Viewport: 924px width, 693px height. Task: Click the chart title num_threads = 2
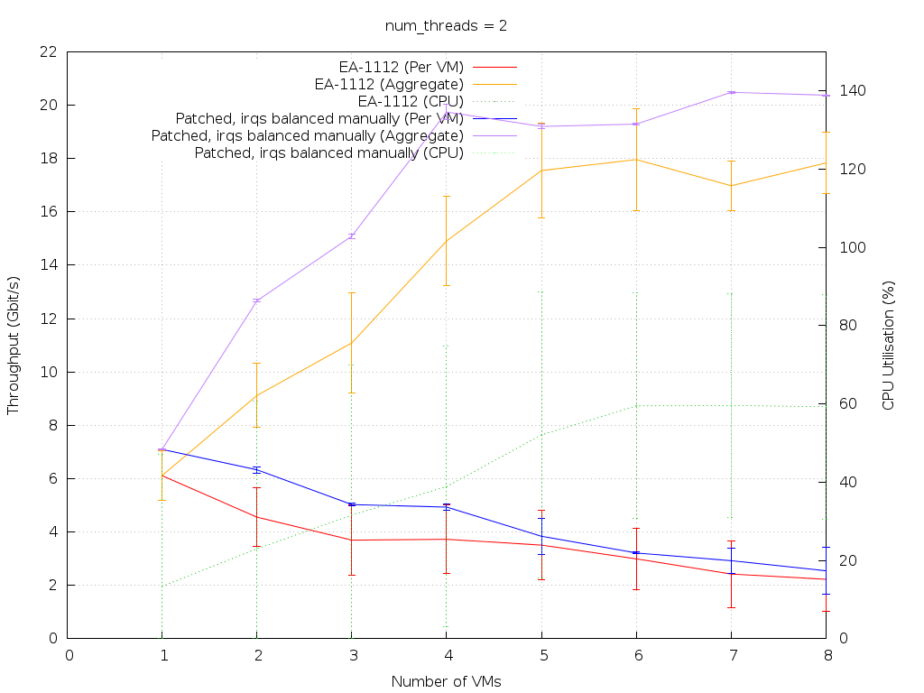click(446, 25)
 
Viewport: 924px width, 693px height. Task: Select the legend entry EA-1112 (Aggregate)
click(389, 84)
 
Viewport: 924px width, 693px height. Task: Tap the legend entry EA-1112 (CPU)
click(411, 101)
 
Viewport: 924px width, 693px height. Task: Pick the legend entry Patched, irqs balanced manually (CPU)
click(328, 152)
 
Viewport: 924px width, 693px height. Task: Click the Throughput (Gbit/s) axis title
click(14, 346)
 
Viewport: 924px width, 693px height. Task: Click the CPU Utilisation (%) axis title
click(888, 346)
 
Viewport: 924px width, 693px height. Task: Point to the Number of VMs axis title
click(446, 681)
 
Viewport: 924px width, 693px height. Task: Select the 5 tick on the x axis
click(541, 655)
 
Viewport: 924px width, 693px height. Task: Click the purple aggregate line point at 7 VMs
click(732, 92)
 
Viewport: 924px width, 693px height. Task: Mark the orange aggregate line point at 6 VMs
click(637, 160)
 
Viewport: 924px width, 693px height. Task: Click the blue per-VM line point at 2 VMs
click(257, 469)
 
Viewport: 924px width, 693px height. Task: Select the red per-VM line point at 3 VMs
click(352, 540)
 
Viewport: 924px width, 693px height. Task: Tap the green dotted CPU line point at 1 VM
click(162, 586)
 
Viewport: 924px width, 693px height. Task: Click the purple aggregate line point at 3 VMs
click(352, 236)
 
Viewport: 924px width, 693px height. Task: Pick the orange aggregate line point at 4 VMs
click(447, 241)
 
